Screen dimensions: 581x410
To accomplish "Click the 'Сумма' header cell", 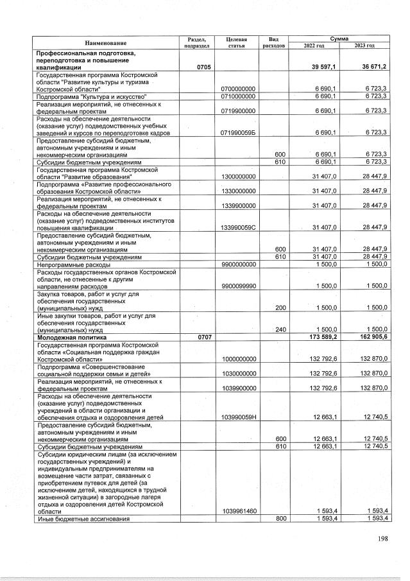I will point(340,39).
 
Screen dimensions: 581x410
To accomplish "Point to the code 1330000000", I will point(238,191).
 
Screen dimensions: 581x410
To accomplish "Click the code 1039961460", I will point(238,511).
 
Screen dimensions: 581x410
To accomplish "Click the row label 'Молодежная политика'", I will point(71,336).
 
